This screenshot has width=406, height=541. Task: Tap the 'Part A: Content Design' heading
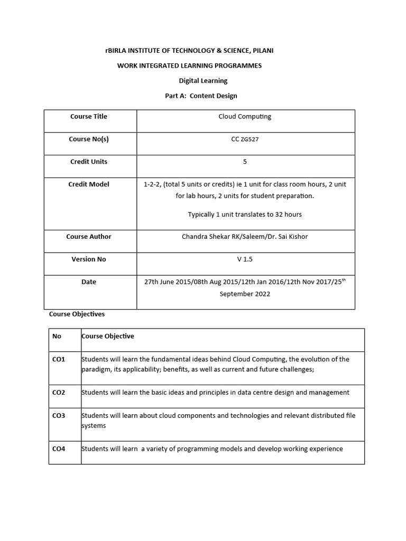(x=201, y=96)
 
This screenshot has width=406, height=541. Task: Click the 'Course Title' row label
(x=89, y=116)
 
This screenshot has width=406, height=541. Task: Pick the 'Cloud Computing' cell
(x=245, y=116)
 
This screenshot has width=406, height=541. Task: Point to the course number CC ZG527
(x=245, y=139)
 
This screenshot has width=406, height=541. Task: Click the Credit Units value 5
(x=245, y=162)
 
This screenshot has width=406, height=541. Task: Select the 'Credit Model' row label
(x=89, y=184)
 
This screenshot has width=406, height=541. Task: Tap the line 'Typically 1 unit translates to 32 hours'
(x=245, y=214)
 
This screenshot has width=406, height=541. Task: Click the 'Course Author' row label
(x=89, y=237)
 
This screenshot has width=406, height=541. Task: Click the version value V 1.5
(x=245, y=259)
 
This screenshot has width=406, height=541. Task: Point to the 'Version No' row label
(x=89, y=259)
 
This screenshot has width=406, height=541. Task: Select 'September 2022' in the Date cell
(x=245, y=294)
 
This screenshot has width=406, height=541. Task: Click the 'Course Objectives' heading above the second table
(x=77, y=314)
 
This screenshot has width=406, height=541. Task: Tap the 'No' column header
(x=57, y=336)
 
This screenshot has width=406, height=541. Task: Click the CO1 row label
(x=59, y=359)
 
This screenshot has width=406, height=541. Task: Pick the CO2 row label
(x=59, y=393)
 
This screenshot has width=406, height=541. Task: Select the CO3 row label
(x=59, y=416)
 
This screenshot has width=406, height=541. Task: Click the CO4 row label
(x=59, y=449)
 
